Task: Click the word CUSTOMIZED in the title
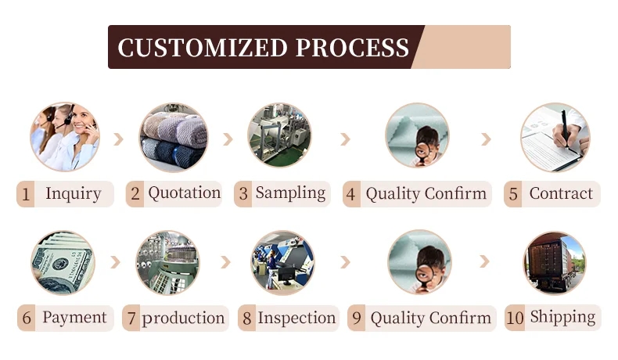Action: tap(203, 48)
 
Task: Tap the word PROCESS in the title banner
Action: tap(352, 48)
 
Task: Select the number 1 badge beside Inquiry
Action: tap(26, 194)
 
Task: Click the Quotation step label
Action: tap(185, 193)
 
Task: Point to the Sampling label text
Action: tap(290, 193)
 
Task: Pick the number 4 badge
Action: tap(351, 194)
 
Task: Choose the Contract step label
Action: tap(561, 193)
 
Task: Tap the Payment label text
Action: tap(74, 318)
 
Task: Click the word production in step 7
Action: tap(183, 319)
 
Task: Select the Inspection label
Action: tap(296, 318)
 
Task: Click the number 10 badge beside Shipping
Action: tap(515, 318)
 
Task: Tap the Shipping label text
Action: tap(562, 318)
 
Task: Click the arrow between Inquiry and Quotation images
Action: tap(119, 139)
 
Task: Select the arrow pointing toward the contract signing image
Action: tap(487, 139)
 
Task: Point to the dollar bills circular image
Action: tap(63, 263)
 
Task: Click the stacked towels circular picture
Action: tap(174, 138)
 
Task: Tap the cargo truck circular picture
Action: tap(555, 263)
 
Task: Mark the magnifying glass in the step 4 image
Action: tap(422, 152)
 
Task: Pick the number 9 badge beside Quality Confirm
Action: tap(357, 318)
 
